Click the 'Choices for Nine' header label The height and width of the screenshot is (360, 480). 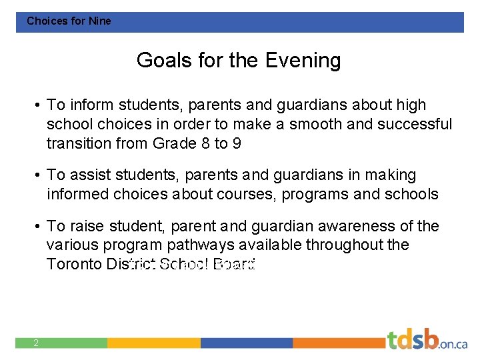69,21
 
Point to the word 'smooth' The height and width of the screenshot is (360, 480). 315,124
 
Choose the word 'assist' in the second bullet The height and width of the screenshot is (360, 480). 89,175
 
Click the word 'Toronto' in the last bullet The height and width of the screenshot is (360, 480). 73,264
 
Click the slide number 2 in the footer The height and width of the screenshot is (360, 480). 35,343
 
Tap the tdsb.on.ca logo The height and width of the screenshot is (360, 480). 427,340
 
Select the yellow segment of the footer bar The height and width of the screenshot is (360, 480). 153,343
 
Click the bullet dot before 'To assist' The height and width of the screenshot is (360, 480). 39,175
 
